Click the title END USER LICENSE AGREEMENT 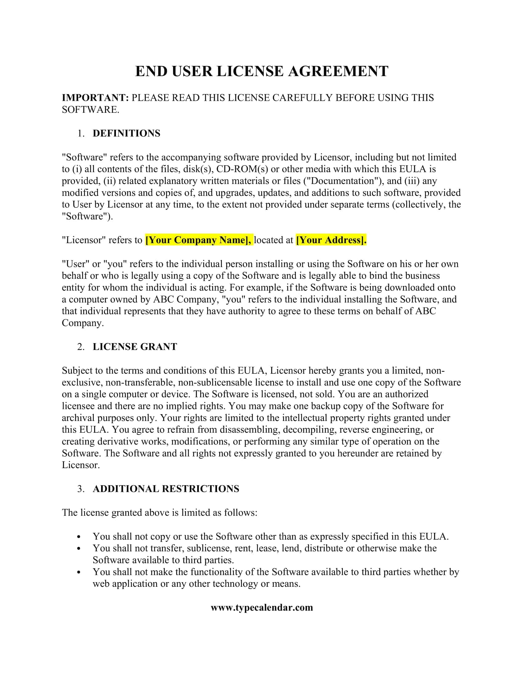[262, 71]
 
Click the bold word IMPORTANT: [95, 98]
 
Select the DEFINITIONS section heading [126, 133]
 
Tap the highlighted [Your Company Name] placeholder [199, 240]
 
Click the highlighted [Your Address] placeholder [331, 240]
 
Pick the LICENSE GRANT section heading [135, 347]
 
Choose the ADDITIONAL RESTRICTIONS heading [166, 489]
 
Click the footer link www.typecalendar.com [262, 607]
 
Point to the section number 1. [81, 133]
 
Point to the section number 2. [81, 347]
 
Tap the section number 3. [81, 489]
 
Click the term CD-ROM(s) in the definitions [242, 169]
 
